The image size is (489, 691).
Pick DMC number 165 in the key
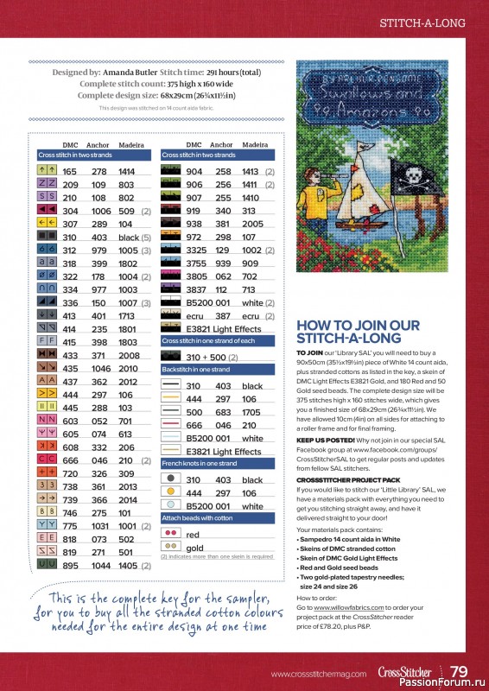click(70, 172)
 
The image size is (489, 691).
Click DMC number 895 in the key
click(70, 565)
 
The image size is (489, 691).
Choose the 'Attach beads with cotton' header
click(198, 517)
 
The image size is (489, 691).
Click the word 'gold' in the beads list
click(194, 548)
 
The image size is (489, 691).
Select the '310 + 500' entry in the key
click(206, 357)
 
